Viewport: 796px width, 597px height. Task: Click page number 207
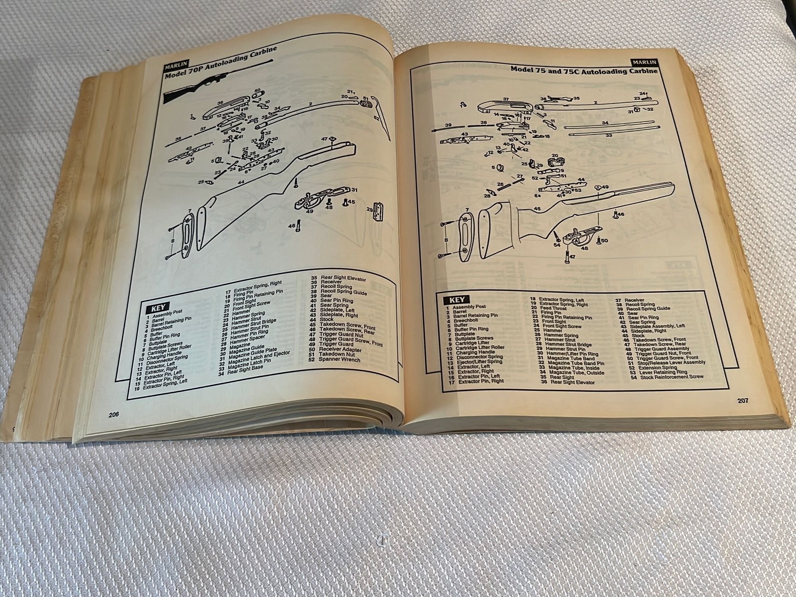[742, 400]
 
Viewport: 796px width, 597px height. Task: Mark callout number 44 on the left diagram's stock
[240, 182]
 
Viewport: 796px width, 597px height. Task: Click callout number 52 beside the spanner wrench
[377, 118]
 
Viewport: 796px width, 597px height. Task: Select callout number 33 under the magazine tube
[608, 135]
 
